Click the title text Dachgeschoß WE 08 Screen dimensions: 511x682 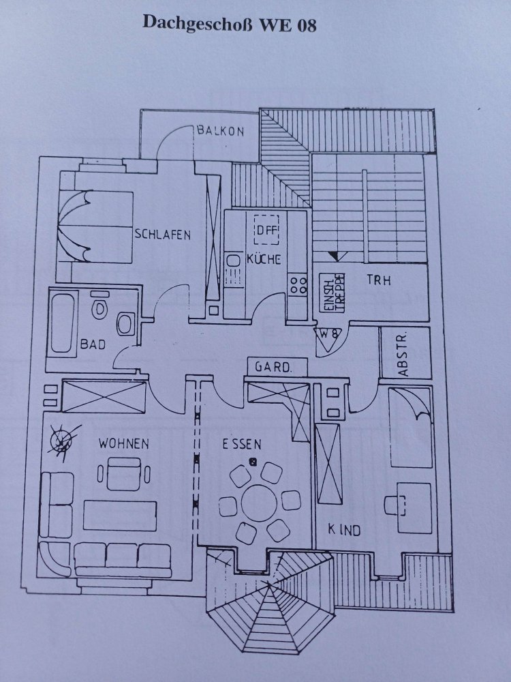(230, 24)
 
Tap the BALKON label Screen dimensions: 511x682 (219, 131)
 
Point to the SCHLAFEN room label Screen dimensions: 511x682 (162, 235)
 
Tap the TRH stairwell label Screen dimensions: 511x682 (379, 280)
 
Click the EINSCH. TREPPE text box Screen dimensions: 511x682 (332, 295)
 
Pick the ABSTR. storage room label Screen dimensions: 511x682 (403, 355)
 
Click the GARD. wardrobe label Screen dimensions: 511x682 (273, 367)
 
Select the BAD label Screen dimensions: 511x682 (93, 344)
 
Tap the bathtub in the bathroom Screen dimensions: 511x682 (62, 323)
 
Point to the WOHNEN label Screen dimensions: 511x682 (123, 443)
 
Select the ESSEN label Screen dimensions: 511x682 (241, 444)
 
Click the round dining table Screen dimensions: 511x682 (260, 502)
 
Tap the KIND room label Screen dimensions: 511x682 (344, 529)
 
